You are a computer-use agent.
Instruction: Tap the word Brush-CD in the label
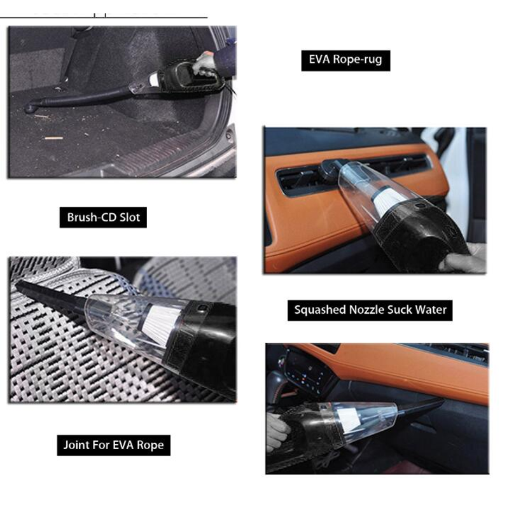point(92,217)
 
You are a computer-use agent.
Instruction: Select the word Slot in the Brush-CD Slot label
point(130,217)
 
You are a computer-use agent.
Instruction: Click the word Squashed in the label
point(320,310)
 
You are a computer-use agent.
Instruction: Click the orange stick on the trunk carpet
point(53,138)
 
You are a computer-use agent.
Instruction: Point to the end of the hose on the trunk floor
point(30,108)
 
